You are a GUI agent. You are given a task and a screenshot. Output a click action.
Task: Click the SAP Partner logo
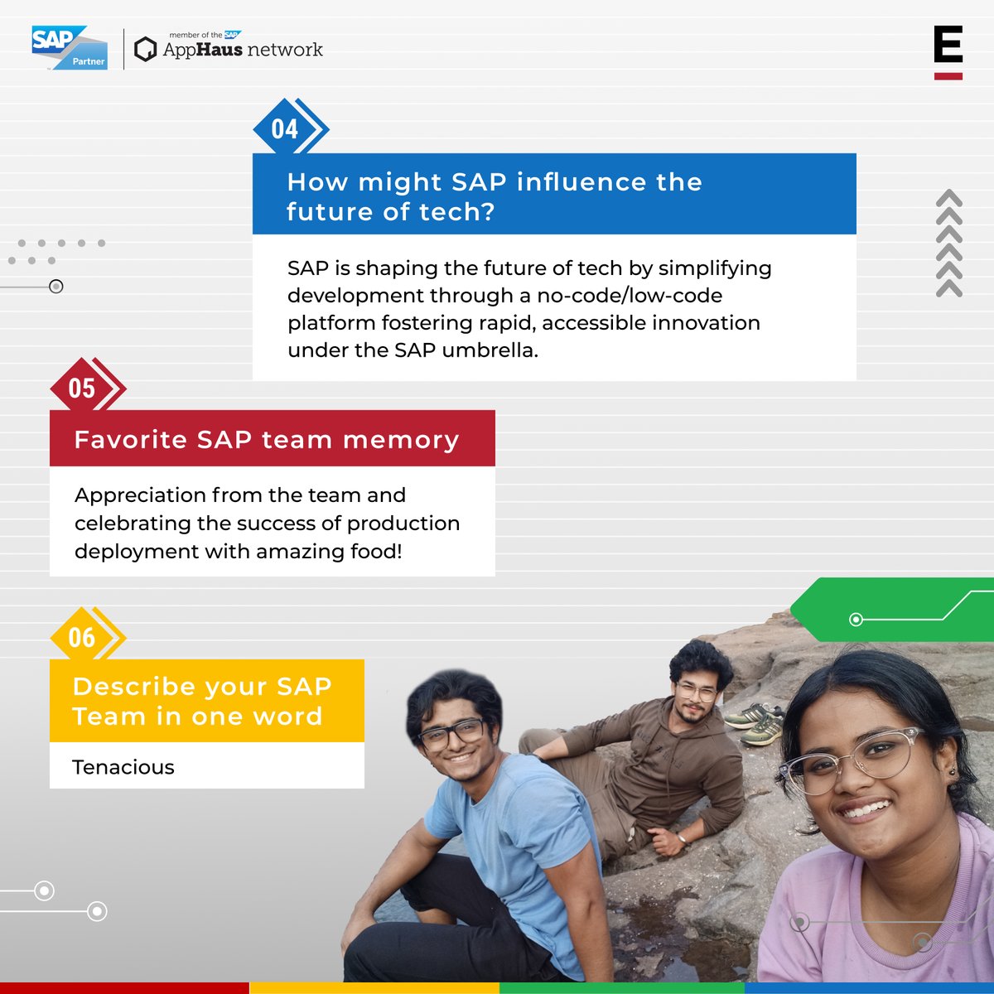pos(69,47)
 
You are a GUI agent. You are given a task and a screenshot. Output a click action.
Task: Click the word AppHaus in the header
pos(203,50)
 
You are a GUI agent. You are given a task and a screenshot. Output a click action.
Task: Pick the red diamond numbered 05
pos(81,388)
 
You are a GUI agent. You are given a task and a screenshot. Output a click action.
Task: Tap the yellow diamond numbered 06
pos(81,637)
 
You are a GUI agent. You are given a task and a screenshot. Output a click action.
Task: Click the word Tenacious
pos(123,767)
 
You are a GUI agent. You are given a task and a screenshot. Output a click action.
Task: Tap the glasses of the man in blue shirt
pos(452,734)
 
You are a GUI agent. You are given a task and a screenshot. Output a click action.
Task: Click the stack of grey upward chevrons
pos(949,244)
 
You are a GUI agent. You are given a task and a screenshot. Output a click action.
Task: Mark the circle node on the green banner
pos(856,620)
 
